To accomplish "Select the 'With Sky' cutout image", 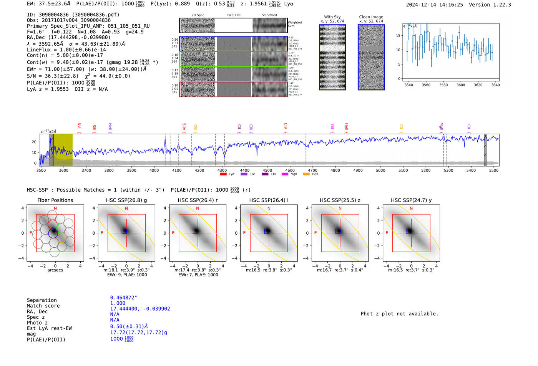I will click(332, 57).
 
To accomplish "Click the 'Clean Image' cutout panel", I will click(371, 57).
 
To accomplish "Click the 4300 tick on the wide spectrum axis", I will click(222, 170).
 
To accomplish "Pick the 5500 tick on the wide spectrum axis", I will click(494, 170).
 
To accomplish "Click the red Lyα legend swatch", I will click(223, 174).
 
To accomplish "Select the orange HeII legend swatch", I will click(306, 174).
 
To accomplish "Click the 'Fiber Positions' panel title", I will click(55, 200).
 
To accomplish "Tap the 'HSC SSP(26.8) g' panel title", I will click(126, 200).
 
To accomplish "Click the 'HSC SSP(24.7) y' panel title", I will click(411, 200).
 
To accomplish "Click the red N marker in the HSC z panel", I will click(340, 208).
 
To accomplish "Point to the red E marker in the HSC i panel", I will click(244, 233).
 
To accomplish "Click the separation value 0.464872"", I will click(123, 298).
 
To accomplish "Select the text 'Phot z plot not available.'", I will click(399, 314).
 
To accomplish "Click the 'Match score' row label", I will click(43, 306).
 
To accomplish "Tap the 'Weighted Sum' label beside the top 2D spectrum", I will click(294, 24).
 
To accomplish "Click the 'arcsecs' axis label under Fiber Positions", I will click(55, 270).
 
